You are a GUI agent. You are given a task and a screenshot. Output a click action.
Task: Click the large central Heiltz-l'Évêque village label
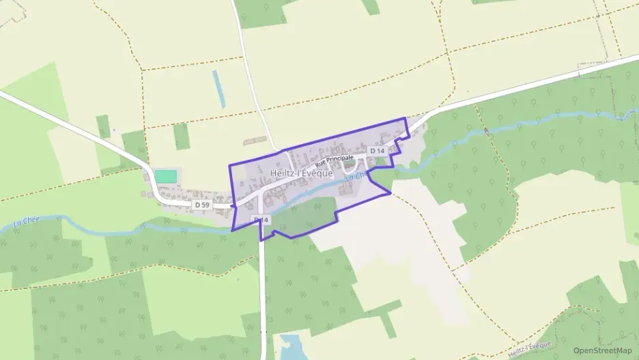point(302,173)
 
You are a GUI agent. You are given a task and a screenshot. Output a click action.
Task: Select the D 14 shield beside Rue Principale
point(378,150)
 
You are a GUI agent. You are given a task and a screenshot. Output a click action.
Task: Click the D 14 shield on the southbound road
point(261,219)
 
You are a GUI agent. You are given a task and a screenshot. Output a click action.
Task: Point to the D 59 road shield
point(201,204)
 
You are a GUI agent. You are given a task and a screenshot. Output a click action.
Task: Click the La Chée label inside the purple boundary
point(356,176)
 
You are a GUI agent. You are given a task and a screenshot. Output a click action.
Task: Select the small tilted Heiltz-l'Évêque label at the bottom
point(529,348)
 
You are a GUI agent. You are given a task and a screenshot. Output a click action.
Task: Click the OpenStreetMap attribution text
point(602,350)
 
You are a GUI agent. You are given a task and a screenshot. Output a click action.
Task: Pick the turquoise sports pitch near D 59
point(165,176)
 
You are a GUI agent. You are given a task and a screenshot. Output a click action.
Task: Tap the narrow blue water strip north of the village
point(218,88)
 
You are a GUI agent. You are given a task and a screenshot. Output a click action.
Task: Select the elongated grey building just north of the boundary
point(256,141)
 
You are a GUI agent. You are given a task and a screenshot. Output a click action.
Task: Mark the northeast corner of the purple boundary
point(406,118)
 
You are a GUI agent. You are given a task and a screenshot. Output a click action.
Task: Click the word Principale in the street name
point(341,158)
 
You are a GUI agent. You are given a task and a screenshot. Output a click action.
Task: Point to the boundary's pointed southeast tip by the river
point(390,193)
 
